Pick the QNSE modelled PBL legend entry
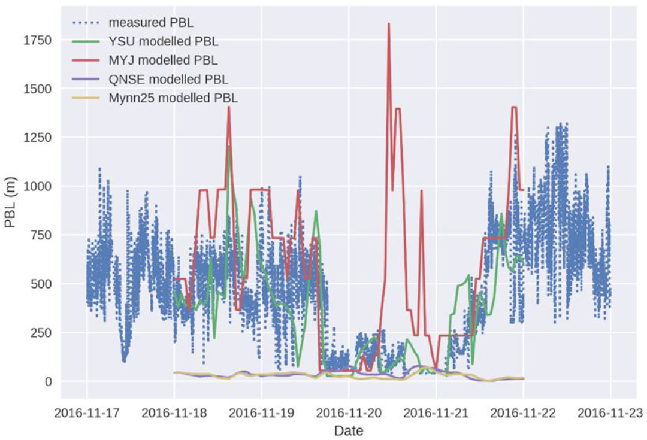168,79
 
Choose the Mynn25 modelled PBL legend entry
173,98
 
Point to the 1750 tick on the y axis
38,40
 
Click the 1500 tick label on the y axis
38,89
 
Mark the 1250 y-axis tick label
38,138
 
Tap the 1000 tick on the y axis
38,186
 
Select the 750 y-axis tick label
41,235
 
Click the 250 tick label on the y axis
41,333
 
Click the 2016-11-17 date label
86,412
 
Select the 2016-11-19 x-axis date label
261,412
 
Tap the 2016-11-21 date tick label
436,412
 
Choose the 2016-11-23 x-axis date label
610,412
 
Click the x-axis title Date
348,430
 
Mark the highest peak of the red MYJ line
389,24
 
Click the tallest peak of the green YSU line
229,147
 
